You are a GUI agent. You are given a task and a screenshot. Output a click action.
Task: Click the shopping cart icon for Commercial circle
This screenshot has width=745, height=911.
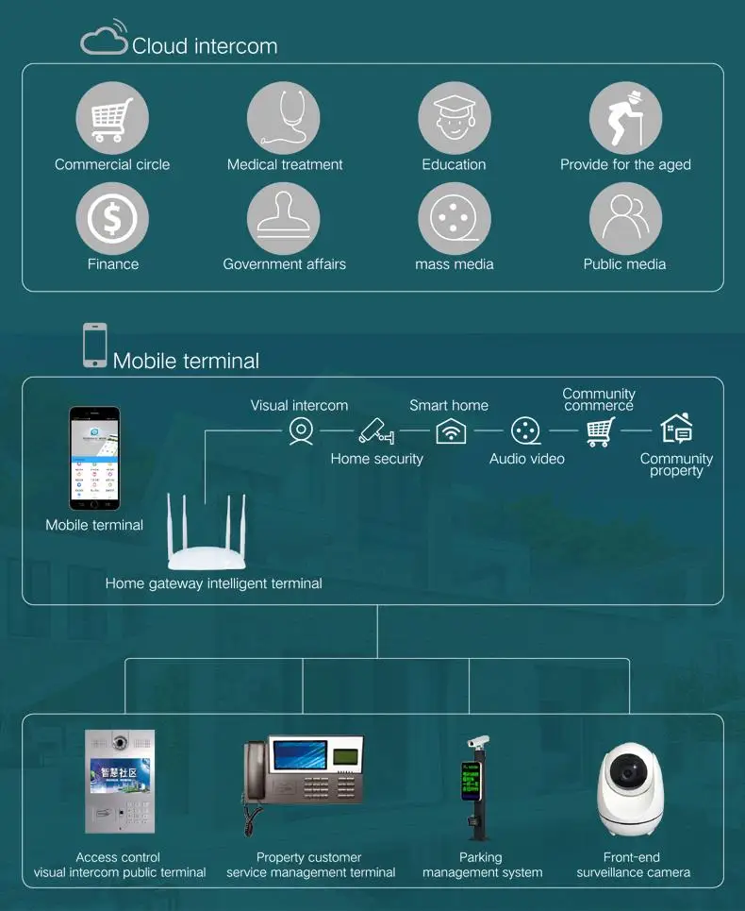pos(112,119)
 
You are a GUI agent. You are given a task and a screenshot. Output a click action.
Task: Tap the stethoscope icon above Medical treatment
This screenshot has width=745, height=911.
pos(283,119)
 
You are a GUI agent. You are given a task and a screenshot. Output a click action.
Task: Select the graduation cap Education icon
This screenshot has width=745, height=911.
pos(454,119)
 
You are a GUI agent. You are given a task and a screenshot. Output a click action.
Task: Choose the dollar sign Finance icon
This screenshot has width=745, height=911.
pos(112,219)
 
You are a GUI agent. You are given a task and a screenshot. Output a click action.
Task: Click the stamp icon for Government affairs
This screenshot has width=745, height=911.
pos(283,219)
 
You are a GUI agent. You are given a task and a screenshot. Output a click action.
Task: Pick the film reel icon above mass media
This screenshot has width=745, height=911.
pos(454,219)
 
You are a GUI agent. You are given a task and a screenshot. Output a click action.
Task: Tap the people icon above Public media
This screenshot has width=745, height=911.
pos(624,219)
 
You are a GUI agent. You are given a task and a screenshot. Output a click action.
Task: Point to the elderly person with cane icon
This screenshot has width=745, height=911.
pos(624,119)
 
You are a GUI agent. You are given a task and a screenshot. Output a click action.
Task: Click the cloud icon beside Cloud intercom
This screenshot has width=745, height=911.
pos(104,39)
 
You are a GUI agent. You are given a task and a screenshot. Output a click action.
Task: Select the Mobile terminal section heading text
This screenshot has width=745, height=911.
pos(186,361)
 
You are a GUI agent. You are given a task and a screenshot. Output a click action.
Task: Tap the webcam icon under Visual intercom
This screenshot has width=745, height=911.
pos(301,430)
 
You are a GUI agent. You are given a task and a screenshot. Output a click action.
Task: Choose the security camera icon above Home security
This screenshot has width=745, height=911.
pos(376,430)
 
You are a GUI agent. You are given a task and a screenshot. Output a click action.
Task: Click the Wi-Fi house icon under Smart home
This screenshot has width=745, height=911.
pos(451,430)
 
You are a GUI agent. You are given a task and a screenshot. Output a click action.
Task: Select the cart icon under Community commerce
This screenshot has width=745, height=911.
pos(600,431)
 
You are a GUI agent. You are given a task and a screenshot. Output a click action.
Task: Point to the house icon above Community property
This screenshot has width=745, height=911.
pos(676,429)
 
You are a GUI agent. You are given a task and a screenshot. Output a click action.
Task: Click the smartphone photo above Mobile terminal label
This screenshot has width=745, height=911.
pos(94,459)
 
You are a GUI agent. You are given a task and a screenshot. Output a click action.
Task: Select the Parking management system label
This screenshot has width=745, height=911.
pos(482,865)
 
